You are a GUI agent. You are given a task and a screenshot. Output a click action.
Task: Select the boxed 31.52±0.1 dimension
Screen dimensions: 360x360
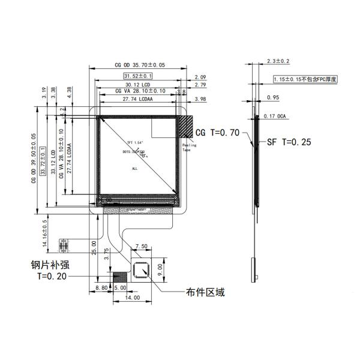139,76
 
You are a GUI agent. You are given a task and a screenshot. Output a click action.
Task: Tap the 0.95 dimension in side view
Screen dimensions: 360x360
272,97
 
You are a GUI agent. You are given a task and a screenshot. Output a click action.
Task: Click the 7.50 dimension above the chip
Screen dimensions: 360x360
143,247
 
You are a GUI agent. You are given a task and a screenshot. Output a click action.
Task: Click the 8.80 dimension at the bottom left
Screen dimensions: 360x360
103,289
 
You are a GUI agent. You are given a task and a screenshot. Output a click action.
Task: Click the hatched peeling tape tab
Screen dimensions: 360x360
186,128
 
